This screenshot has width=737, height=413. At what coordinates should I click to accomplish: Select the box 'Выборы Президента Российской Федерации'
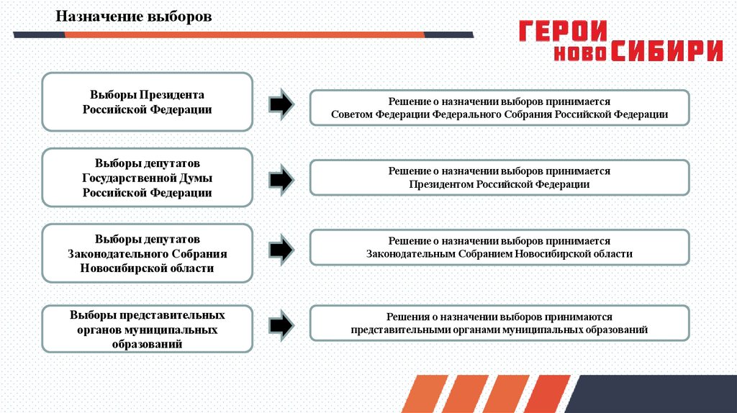click(147, 101)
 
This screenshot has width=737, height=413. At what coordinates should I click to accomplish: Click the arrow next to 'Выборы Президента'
click(281, 104)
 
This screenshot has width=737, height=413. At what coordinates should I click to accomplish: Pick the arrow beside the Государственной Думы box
click(281, 178)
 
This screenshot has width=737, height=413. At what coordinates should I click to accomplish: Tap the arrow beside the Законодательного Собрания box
click(281, 250)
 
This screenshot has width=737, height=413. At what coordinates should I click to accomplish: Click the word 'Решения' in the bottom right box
click(405, 317)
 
